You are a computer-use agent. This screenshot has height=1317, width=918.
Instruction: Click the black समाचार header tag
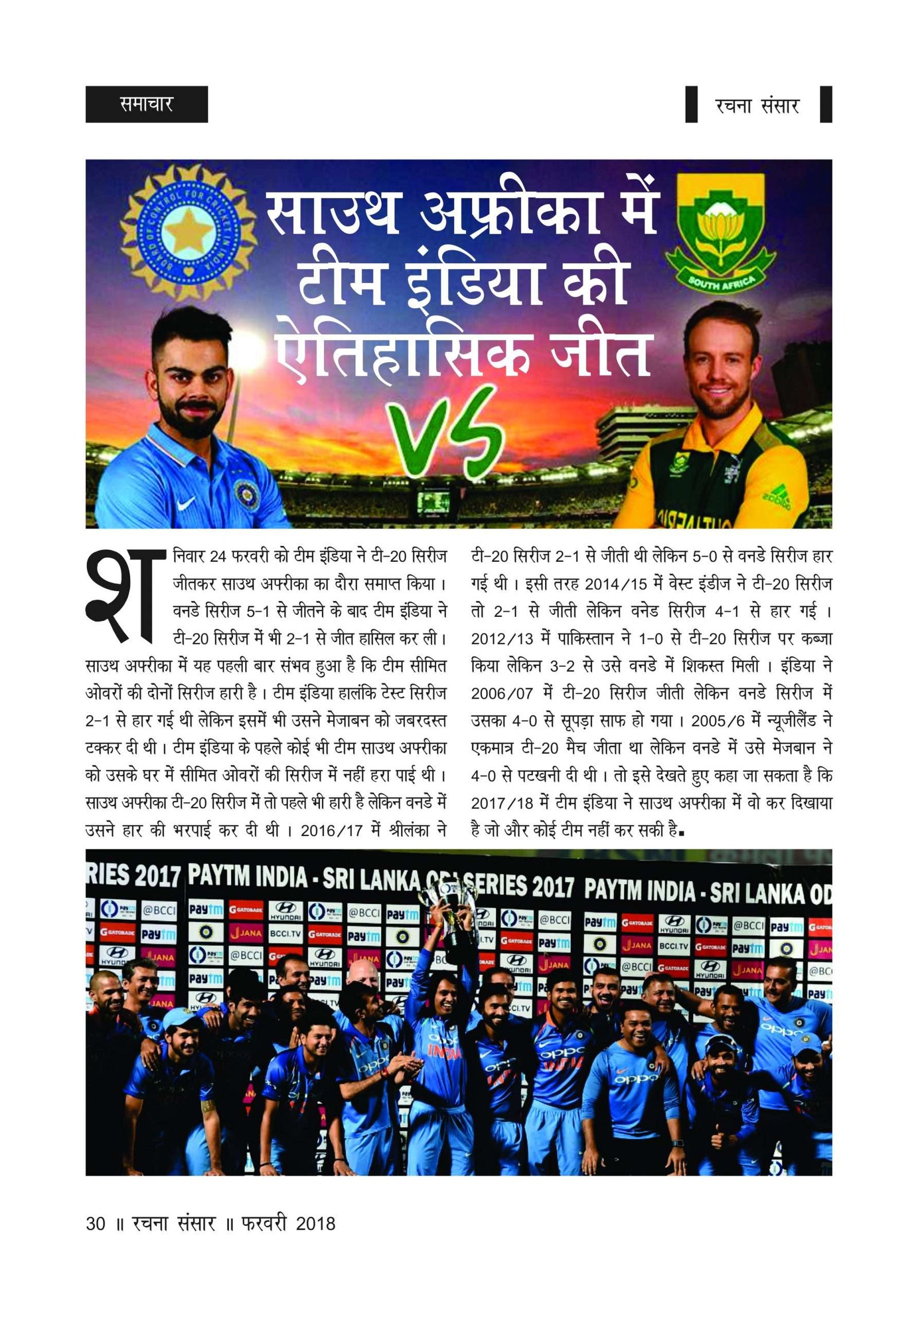click(x=146, y=104)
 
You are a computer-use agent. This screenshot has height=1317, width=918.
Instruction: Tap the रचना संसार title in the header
click(x=757, y=105)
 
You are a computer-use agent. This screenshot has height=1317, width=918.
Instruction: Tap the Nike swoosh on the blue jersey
click(x=188, y=503)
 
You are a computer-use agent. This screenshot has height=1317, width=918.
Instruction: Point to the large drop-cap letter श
click(x=122, y=597)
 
